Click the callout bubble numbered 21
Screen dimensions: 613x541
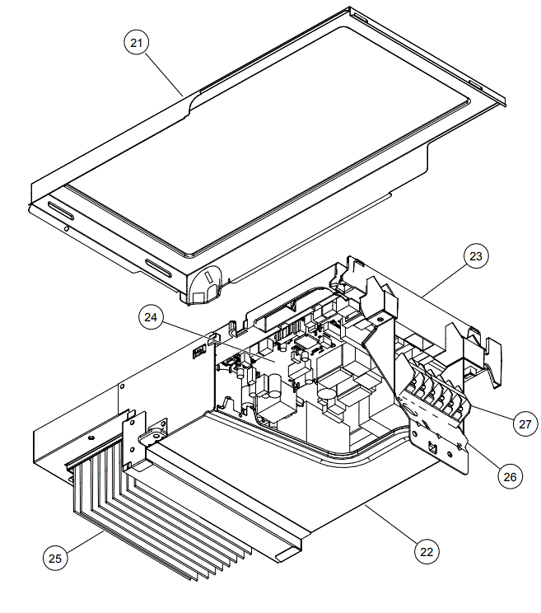(137, 44)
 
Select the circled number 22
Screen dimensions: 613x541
(425, 552)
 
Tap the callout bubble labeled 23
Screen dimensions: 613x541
(475, 257)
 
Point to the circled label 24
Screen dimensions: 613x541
(152, 316)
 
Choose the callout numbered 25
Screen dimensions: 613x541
(55, 558)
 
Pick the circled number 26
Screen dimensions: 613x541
(511, 475)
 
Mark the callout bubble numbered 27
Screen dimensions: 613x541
(524, 424)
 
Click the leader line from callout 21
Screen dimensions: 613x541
(166, 75)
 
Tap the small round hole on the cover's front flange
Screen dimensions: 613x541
(65, 227)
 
